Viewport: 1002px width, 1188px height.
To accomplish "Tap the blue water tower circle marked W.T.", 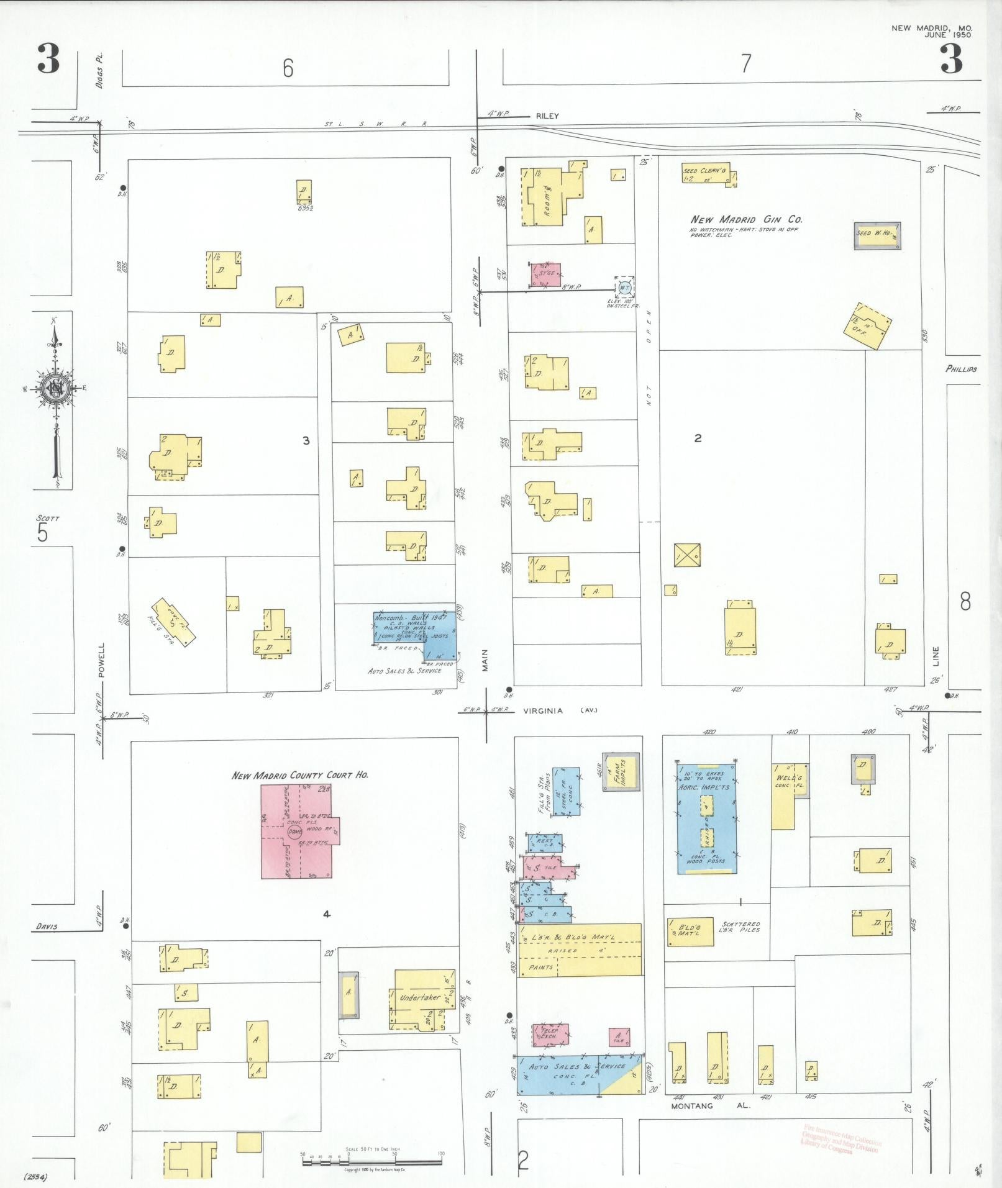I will pos(624,287).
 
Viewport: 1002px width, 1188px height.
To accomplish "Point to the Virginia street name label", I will pos(542,710).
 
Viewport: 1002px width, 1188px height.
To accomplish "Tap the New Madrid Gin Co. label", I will pos(746,219).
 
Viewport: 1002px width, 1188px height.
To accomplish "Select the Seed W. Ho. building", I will pos(877,235).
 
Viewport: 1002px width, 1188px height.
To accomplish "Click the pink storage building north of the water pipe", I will pos(545,274).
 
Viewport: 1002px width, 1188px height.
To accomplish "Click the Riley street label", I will pos(547,116).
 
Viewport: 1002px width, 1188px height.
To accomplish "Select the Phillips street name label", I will pos(961,369).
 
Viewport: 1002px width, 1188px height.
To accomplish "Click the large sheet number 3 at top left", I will pos(48,59).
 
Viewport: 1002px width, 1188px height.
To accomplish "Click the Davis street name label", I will pos(47,927).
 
